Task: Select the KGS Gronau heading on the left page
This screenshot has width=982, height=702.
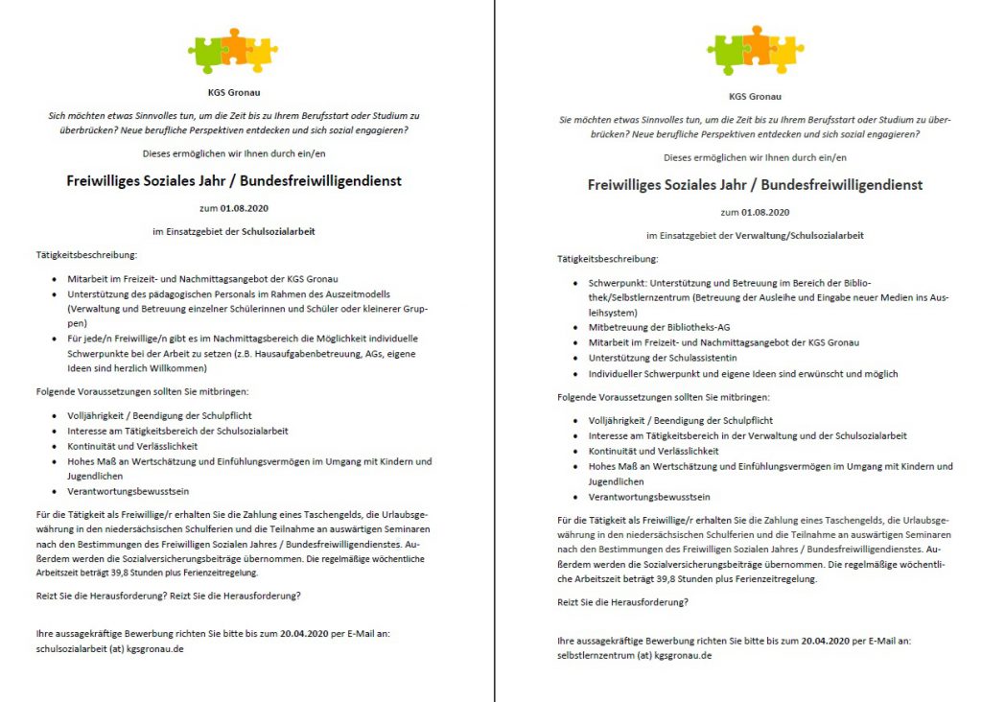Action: point(233,93)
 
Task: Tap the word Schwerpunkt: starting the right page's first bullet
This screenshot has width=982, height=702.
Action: point(618,283)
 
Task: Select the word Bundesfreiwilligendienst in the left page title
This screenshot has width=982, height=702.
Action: point(312,179)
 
